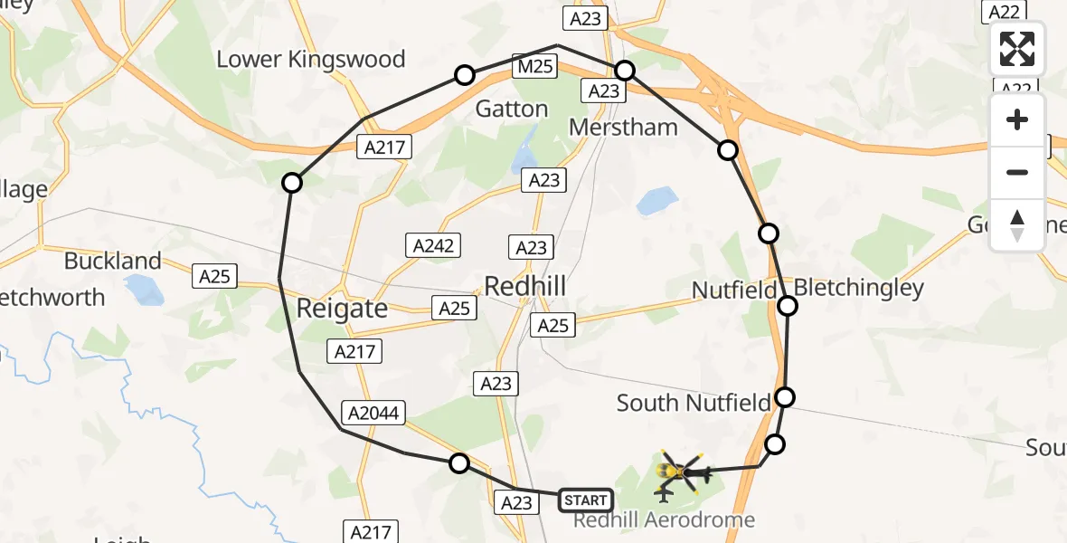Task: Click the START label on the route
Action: pyautogui.click(x=585, y=500)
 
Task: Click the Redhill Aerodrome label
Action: pyautogui.click(x=665, y=520)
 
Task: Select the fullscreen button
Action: pyautogui.click(x=1017, y=49)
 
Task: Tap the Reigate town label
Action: pyautogui.click(x=342, y=309)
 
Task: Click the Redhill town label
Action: pyautogui.click(x=525, y=287)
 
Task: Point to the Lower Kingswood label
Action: pyautogui.click(x=310, y=60)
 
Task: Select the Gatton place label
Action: pyautogui.click(x=512, y=110)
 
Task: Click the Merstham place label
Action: pyautogui.click(x=623, y=128)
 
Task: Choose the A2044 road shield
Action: pyautogui.click(x=373, y=413)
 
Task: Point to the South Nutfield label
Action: pyautogui.click(x=694, y=403)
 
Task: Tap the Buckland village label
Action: pyautogui.click(x=112, y=262)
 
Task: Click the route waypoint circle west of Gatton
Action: pyautogui.click(x=465, y=75)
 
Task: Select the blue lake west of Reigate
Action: pyautogui.click(x=144, y=290)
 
